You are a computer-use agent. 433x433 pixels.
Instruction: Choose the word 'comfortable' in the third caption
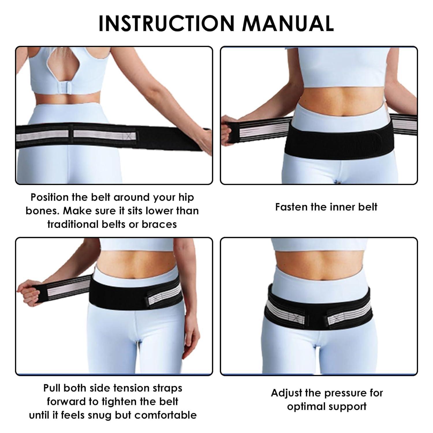point(165,415)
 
